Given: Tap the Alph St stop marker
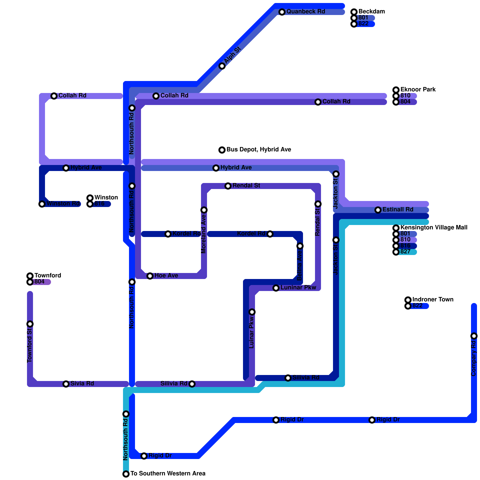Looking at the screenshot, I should click(x=222, y=66).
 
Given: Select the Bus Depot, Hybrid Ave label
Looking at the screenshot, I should click(x=259, y=150).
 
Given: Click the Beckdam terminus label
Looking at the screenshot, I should click(x=371, y=12).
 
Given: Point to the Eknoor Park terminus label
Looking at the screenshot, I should click(x=418, y=90).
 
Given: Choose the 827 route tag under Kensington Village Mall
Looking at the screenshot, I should click(x=405, y=252).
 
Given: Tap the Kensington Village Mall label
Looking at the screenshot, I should click(x=434, y=228).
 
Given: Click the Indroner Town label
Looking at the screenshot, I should click(x=433, y=300).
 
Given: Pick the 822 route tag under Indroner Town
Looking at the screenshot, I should click(x=417, y=306).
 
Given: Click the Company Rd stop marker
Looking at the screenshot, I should click(x=474, y=336).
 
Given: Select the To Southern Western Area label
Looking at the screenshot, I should click(x=168, y=474).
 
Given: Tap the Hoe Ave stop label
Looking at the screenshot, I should click(x=166, y=276).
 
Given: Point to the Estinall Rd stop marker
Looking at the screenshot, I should click(x=378, y=210).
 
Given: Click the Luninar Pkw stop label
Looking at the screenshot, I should click(x=298, y=288).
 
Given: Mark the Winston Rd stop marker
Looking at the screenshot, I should click(x=42, y=204).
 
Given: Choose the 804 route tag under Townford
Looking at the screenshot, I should click(x=39, y=282).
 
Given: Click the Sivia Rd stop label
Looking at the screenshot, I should click(x=82, y=384).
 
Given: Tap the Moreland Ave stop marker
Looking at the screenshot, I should click(x=204, y=210).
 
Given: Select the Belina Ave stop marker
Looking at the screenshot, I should click(x=300, y=246).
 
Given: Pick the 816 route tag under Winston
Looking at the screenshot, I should click(x=99, y=204).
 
